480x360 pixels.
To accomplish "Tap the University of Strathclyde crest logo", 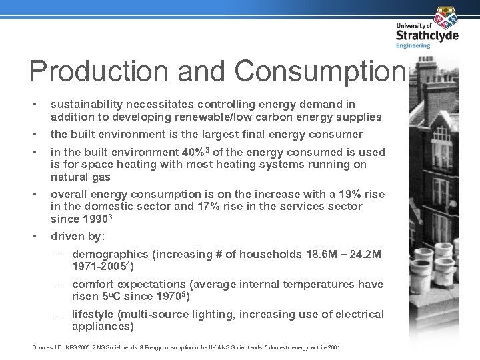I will tap(445, 17).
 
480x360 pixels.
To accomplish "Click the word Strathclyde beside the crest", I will tap(427, 35).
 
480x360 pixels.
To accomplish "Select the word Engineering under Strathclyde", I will tap(413, 46).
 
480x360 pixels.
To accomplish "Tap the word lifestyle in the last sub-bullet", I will tap(93, 314).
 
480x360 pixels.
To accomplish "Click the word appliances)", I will tap(103, 327).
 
